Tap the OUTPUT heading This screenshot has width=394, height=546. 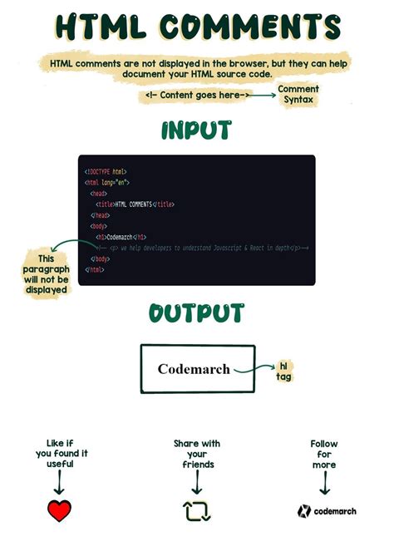click(x=196, y=313)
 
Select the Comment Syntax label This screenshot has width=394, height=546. click(x=298, y=94)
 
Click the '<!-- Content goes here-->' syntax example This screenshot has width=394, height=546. click(x=196, y=96)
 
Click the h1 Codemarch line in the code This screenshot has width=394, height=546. click(x=121, y=237)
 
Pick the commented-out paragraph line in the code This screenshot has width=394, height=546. click(x=199, y=248)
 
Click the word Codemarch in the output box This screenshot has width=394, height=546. click(x=194, y=368)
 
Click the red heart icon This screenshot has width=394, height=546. click(x=59, y=510)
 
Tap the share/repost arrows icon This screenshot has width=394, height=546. click(x=197, y=510)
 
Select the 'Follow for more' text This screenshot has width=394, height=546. click(x=324, y=455)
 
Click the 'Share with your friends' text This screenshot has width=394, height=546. click(x=197, y=455)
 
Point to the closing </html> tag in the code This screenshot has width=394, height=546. click(x=94, y=269)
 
